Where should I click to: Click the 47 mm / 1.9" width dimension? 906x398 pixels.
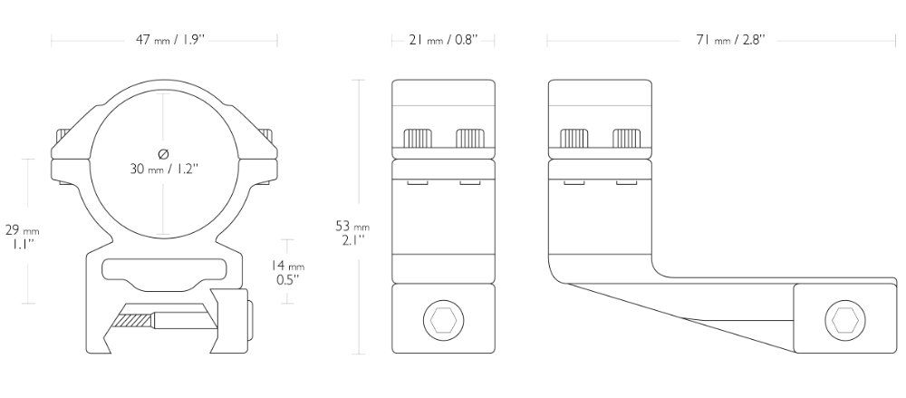coord(170,40)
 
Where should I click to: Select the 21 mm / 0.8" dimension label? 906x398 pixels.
coord(444,40)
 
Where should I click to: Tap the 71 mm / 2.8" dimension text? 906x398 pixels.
coord(730,40)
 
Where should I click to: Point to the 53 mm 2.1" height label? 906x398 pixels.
coord(352,233)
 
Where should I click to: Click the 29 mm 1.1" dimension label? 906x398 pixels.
coord(22,237)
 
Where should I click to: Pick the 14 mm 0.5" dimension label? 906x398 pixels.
coord(287,272)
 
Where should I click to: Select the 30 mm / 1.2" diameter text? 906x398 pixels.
coord(163,169)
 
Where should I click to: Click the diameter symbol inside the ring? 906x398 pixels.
coord(163,154)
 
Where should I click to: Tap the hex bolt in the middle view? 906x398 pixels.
coord(444,320)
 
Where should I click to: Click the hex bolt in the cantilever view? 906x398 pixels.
coord(844,320)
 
